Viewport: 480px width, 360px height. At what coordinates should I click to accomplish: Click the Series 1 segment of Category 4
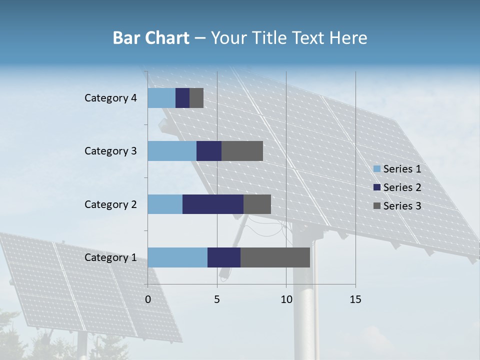(161, 98)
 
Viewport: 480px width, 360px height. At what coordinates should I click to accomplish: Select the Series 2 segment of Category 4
(182, 98)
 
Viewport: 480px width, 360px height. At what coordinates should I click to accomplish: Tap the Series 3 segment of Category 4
(196, 98)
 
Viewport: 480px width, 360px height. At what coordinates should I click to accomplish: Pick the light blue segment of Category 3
(172, 151)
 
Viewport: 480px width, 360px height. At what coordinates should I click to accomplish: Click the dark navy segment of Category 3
(209, 151)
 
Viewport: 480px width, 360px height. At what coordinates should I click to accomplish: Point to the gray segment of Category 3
(242, 151)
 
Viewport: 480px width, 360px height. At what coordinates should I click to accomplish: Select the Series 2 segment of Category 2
(213, 204)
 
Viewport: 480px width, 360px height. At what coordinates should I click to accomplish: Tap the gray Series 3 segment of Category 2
(257, 204)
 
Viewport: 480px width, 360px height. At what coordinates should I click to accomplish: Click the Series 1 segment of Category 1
(177, 257)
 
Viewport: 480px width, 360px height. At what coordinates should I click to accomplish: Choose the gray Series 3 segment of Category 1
(275, 257)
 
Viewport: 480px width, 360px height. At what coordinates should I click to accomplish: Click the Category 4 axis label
(110, 98)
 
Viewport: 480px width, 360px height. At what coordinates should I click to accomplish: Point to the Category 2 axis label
(110, 204)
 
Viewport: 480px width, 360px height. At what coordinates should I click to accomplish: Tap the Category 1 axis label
(110, 257)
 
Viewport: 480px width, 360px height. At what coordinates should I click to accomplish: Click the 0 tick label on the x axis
(148, 299)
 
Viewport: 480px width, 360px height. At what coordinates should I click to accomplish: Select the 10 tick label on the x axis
(286, 299)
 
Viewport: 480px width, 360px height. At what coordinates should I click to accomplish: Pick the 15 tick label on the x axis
(355, 299)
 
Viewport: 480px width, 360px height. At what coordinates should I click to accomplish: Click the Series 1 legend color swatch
(377, 169)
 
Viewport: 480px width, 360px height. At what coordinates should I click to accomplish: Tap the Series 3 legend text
(402, 205)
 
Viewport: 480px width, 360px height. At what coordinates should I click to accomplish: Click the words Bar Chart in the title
(151, 38)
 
